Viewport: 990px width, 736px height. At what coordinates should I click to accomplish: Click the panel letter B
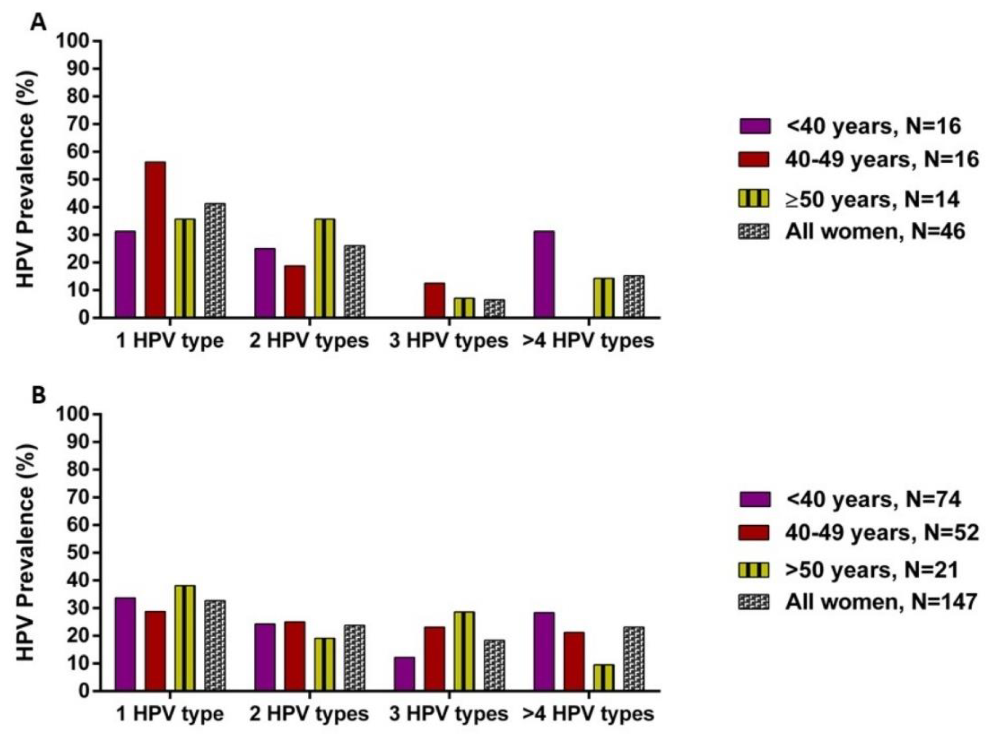[x=38, y=395]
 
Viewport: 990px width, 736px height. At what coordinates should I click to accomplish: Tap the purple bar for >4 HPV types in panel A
[x=544, y=274]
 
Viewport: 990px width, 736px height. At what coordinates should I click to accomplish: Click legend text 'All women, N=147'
[x=881, y=602]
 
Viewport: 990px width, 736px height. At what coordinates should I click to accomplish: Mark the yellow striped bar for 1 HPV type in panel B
[x=185, y=638]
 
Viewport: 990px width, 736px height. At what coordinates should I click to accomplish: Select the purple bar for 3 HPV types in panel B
[x=404, y=674]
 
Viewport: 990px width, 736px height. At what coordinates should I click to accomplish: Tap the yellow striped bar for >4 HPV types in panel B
[x=604, y=677]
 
